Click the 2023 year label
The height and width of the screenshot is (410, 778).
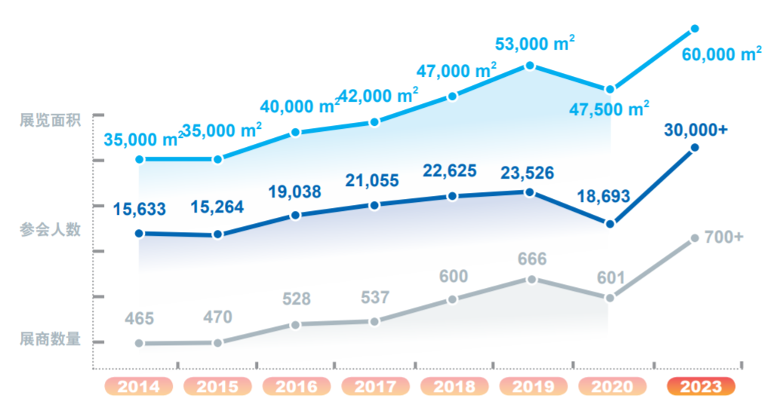click(x=701, y=387)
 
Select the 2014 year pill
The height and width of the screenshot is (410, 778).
click(x=139, y=387)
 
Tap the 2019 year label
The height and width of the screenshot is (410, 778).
click(x=532, y=387)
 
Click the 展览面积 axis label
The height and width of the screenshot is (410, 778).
click(x=50, y=121)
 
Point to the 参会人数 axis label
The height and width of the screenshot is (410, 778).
click(x=50, y=230)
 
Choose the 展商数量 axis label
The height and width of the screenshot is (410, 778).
click(x=50, y=339)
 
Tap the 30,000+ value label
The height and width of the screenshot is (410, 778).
click(x=696, y=130)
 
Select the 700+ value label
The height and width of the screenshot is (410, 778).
click(x=724, y=237)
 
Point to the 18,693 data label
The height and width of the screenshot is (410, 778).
click(x=604, y=197)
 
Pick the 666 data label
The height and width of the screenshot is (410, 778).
click(x=532, y=259)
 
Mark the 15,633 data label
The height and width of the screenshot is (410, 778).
click(x=139, y=209)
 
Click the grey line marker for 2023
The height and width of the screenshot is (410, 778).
click(x=695, y=239)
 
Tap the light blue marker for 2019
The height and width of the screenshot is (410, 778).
click(x=530, y=66)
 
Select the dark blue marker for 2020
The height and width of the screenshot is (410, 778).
click(x=610, y=224)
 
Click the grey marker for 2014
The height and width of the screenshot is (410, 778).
click(x=139, y=344)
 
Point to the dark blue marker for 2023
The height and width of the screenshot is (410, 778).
click(x=695, y=148)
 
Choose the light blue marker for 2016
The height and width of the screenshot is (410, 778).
click(x=296, y=133)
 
